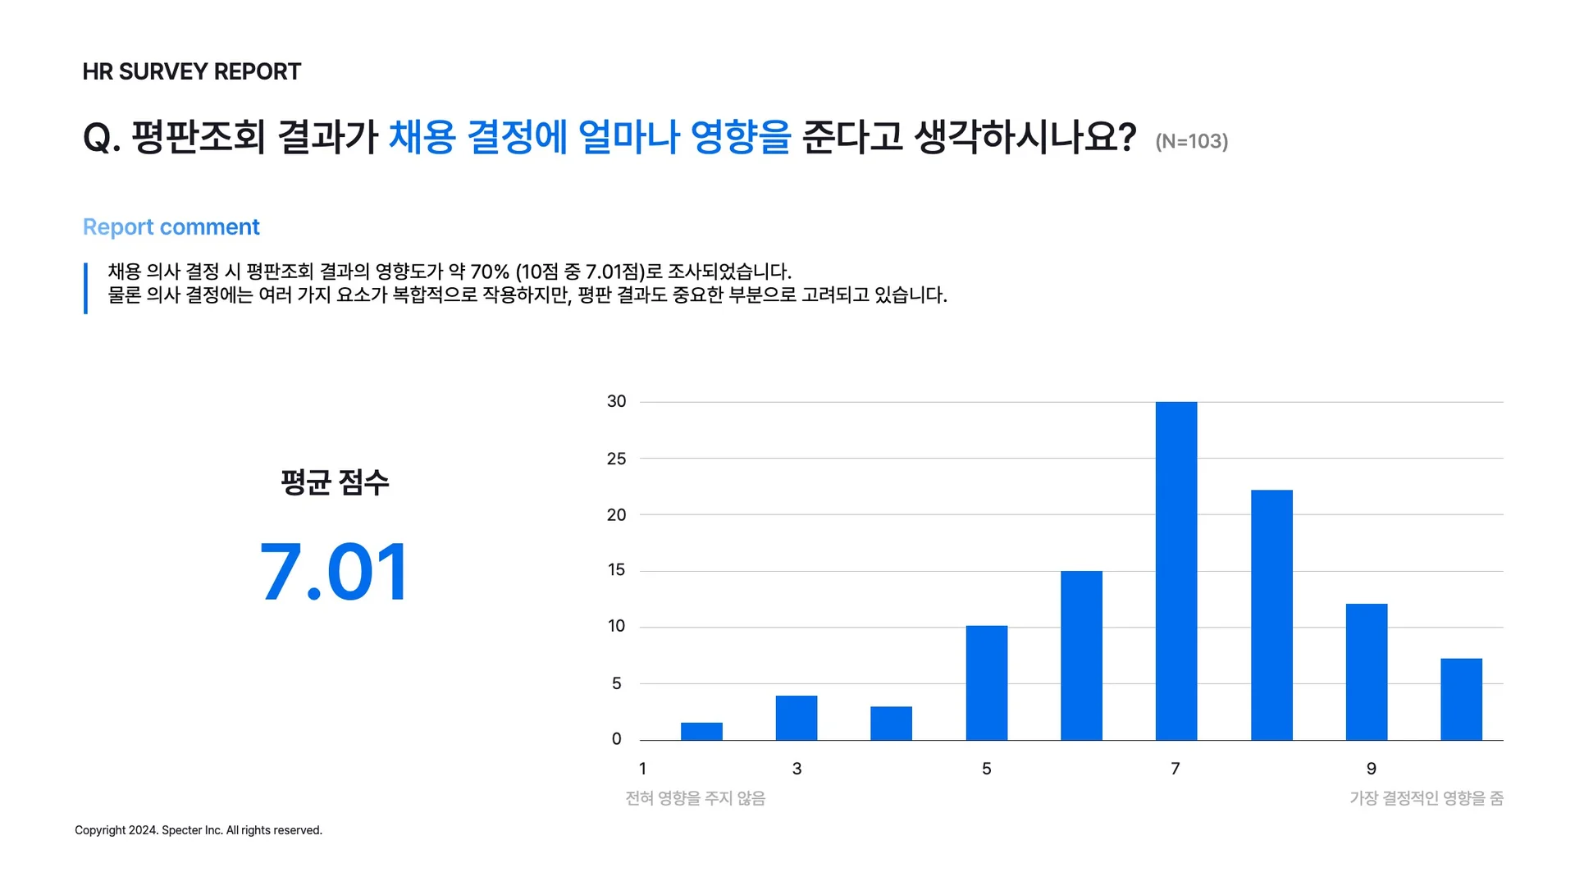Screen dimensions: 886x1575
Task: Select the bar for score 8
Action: pyautogui.click(x=1271, y=615)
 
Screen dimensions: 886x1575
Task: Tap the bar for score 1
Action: pyautogui.click(x=701, y=731)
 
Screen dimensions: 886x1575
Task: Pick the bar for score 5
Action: pyautogui.click(x=986, y=683)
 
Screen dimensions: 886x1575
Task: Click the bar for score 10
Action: pyautogui.click(x=1461, y=699)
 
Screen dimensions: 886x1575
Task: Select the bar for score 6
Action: pyautogui.click(x=1081, y=655)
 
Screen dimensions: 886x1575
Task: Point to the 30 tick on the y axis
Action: pyautogui.click(x=616, y=401)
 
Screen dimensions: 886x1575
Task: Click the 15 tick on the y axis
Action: pyautogui.click(x=616, y=570)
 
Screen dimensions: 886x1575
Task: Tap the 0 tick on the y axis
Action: pyautogui.click(x=616, y=739)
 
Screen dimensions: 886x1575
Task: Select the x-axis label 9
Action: pyautogui.click(x=1371, y=769)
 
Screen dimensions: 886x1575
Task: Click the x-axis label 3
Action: pyautogui.click(x=797, y=769)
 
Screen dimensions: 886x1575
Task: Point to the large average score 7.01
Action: pyautogui.click(x=334, y=572)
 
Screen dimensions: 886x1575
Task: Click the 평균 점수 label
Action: pyautogui.click(x=335, y=482)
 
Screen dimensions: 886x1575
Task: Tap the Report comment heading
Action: pyautogui.click(x=171, y=227)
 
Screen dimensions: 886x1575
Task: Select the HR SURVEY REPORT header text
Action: pyautogui.click(x=191, y=72)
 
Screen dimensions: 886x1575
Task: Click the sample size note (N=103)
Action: pyautogui.click(x=1191, y=142)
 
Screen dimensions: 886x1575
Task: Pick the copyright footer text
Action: pyautogui.click(x=199, y=830)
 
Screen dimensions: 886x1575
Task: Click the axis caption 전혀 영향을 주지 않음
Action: pyautogui.click(x=695, y=798)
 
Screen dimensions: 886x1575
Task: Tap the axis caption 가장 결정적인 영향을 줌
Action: pyautogui.click(x=1426, y=798)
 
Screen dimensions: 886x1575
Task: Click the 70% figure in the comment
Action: pyautogui.click(x=490, y=272)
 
